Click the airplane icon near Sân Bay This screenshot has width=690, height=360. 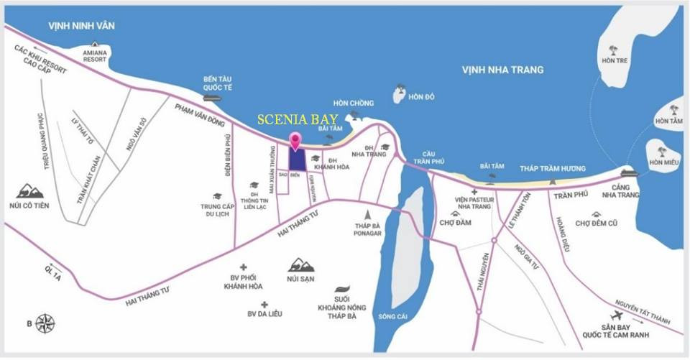coord(617,316)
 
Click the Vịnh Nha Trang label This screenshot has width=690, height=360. coord(502,70)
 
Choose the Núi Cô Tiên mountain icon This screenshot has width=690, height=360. coord(29,191)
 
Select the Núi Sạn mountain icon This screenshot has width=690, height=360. coord(300,266)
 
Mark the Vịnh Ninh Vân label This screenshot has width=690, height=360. coord(82,26)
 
